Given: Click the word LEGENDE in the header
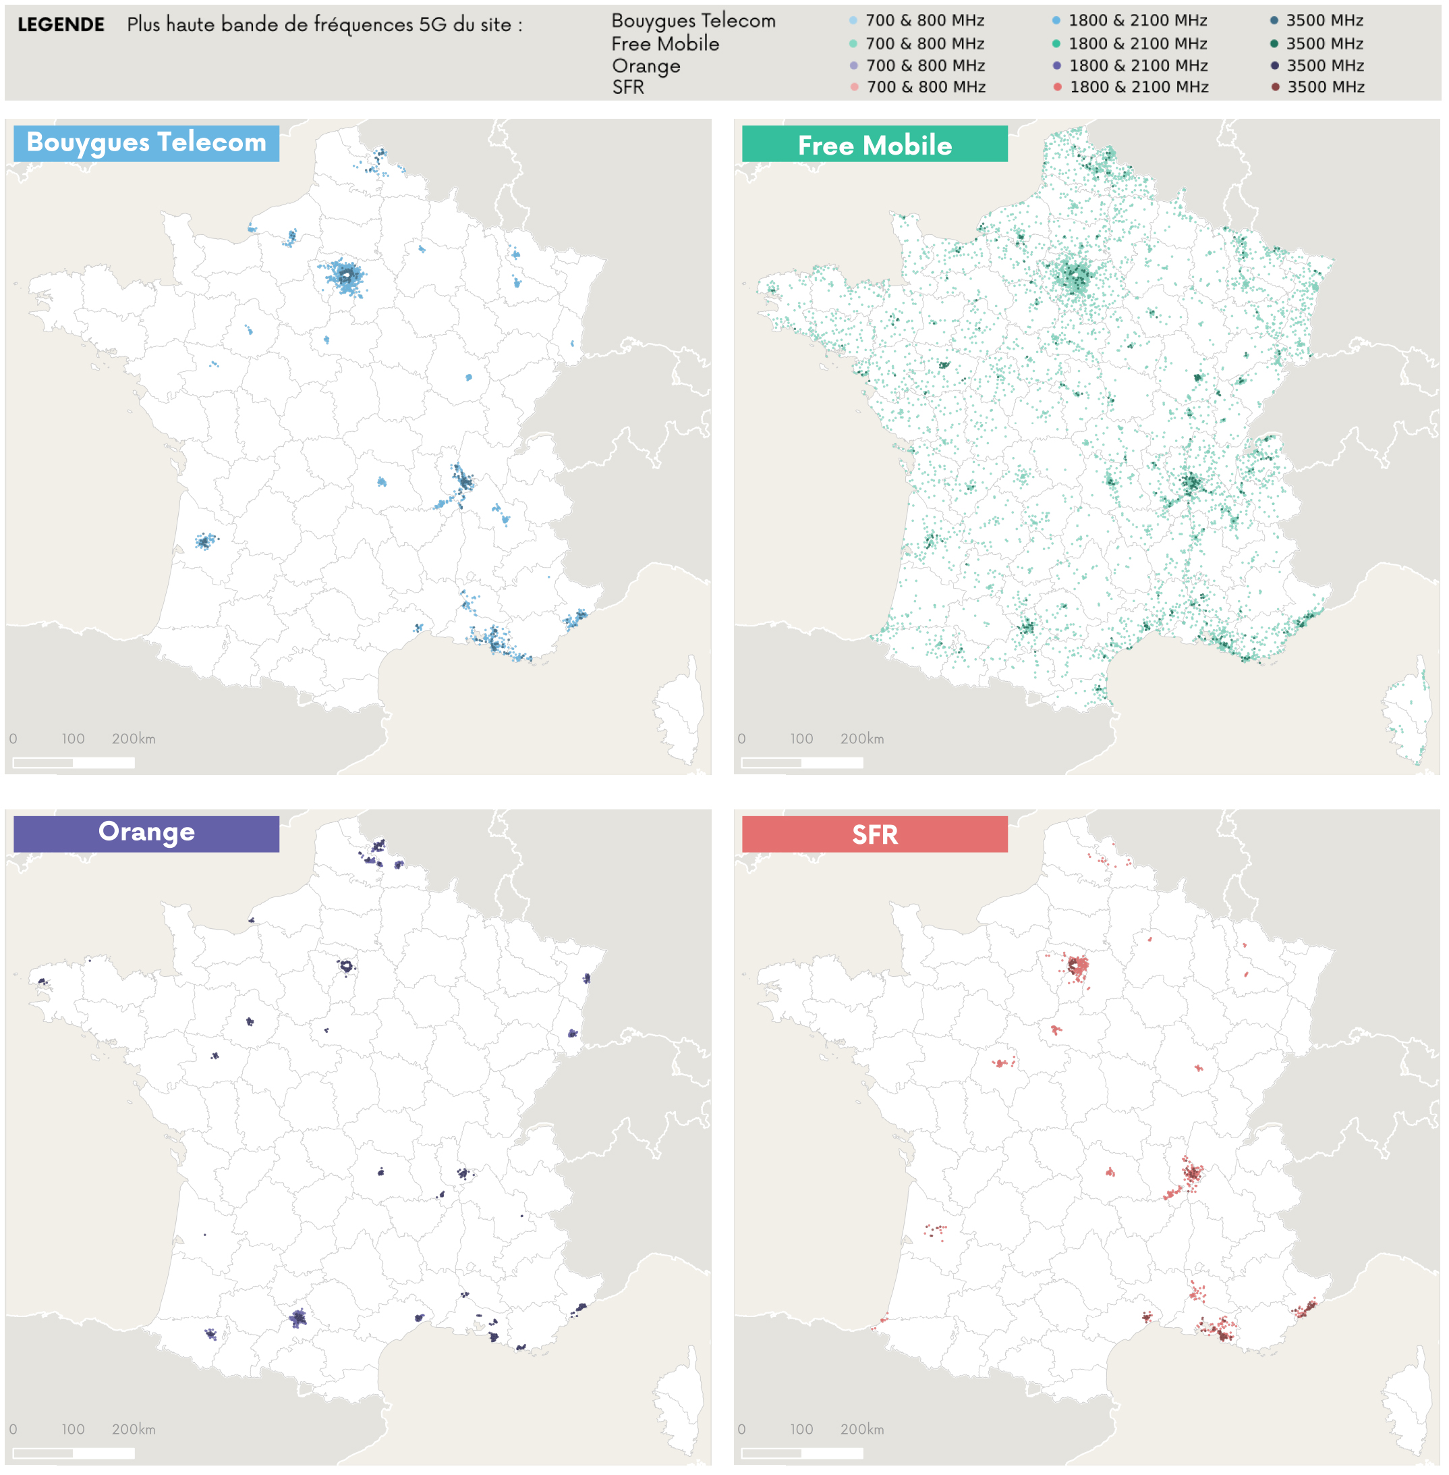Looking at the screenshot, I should pyautogui.click(x=61, y=24).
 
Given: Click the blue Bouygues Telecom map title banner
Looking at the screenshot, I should pyautogui.click(x=146, y=142).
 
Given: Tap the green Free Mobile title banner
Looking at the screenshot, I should pyautogui.click(x=874, y=144).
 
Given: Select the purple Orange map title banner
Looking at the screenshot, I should pyautogui.click(x=146, y=832).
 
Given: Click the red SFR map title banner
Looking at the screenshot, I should pyautogui.click(x=874, y=834).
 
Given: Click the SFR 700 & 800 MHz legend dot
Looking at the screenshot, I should pyautogui.click(x=854, y=87).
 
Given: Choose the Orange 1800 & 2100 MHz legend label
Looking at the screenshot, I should pyautogui.click(x=1138, y=65).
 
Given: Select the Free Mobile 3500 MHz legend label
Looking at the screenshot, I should pyautogui.click(x=1324, y=43).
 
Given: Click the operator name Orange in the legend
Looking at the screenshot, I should pyautogui.click(x=646, y=65).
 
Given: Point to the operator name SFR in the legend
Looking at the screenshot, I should pyautogui.click(x=628, y=87).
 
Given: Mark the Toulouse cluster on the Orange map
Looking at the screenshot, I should pyautogui.click(x=297, y=1317).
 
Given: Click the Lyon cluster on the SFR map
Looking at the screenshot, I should pyautogui.click(x=1191, y=1173).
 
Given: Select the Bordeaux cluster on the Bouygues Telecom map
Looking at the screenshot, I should pyautogui.click(x=204, y=541).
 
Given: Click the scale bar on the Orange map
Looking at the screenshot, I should pyautogui.click(x=74, y=1452).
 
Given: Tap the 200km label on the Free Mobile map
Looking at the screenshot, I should pyautogui.click(x=861, y=738).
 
